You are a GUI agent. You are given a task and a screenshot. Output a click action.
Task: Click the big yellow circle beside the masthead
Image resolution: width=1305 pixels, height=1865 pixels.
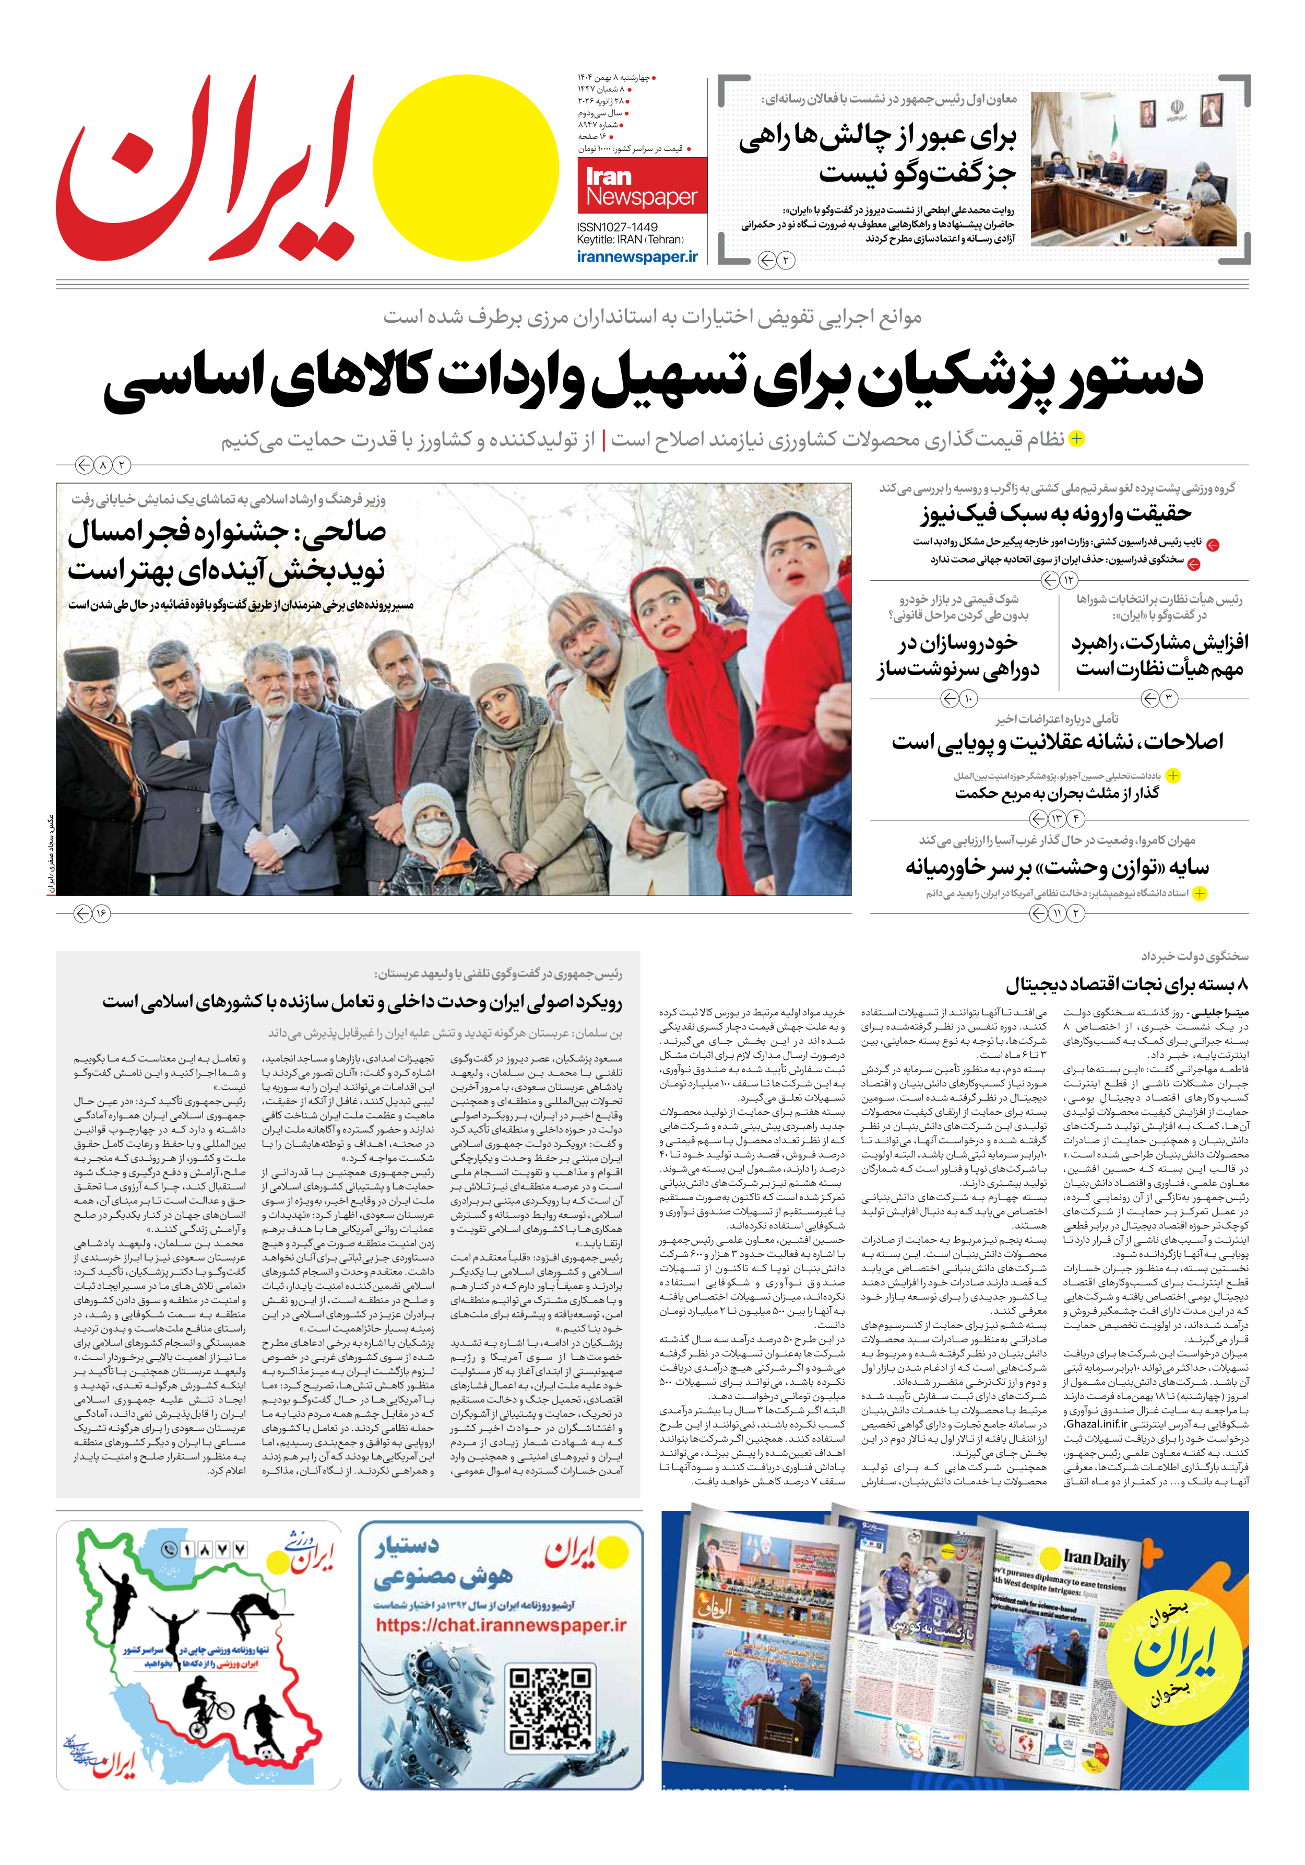(465, 167)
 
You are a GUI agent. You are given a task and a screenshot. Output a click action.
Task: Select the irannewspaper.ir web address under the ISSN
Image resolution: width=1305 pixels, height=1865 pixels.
(637, 256)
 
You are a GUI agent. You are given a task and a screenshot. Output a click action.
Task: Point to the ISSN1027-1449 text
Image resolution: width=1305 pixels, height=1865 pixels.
(617, 227)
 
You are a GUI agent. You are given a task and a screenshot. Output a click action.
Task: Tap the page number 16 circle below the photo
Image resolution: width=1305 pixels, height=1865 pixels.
(101, 914)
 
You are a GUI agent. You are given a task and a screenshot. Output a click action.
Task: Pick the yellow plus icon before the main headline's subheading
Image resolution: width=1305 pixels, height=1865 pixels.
(1076, 439)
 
